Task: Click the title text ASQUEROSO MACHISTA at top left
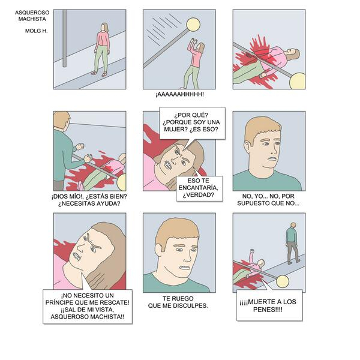tap(32, 16)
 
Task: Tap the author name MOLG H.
tap(36, 31)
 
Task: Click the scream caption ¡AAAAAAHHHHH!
tap(179, 94)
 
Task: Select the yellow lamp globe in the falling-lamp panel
tap(193, 25)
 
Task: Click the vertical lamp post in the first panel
tap(65, 38)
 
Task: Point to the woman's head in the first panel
tap(105, 28)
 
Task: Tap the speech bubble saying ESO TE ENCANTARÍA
tap(199, 188)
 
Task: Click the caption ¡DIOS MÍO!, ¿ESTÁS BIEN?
tap(89, 197)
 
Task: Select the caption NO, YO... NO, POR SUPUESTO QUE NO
tap(268, 200)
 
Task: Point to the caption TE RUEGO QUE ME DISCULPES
tap(178, 302)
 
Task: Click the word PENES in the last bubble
tap(268, 310)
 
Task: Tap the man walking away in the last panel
tap(292, 243)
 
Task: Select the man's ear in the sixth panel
tap(247, 146)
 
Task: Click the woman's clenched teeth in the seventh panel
tap(76, 256)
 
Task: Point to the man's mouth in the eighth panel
tap(185, 268)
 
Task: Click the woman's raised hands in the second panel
tap(193, 42)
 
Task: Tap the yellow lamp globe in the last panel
tap(283, 281)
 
